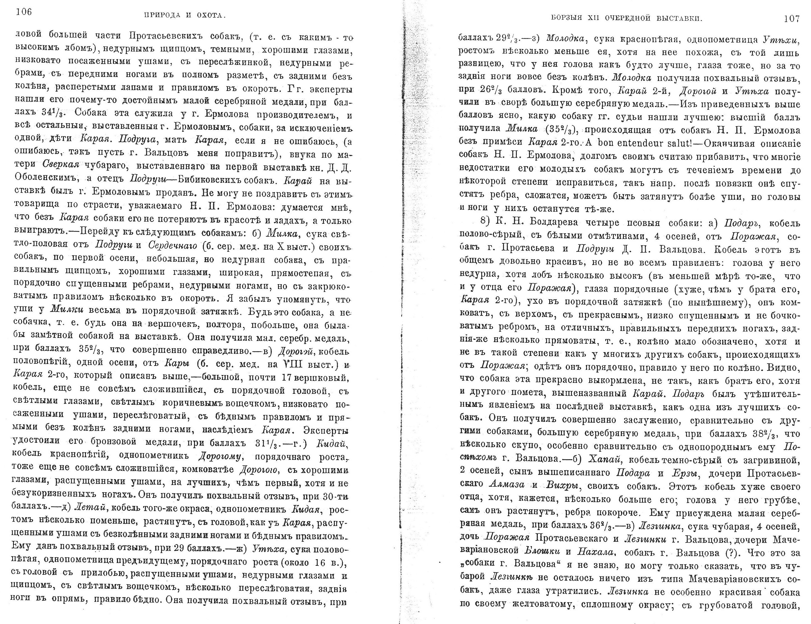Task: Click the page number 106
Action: point(24,12)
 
